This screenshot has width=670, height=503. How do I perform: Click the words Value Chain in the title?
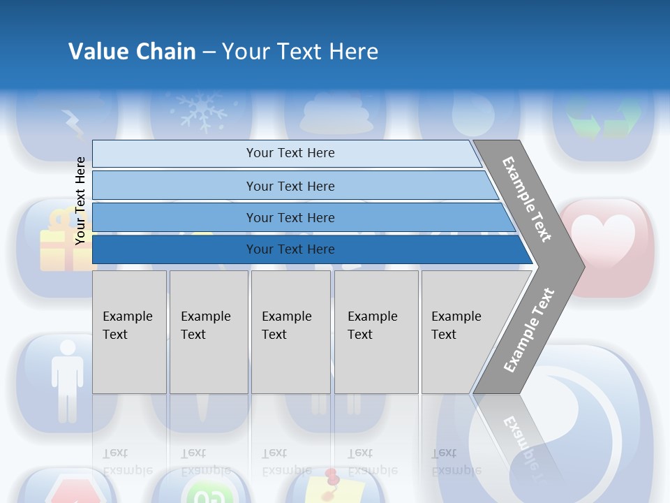tap(132, 52)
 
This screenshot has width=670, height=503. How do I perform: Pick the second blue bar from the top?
tap(290, 186)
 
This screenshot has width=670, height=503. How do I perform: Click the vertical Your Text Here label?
tap(80, 201)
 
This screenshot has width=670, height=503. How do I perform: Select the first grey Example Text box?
tap(129, 332)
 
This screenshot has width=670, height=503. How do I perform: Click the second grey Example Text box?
tap(209, 332)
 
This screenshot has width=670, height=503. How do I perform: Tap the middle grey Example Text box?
tap(290, 332)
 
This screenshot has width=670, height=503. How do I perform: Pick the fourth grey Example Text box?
tap(376, 332)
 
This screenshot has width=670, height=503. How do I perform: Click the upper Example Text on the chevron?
tap(527, 199)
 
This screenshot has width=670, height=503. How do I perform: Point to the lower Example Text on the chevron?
tap(528, 330)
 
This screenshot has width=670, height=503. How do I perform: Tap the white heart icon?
tap(606, 238)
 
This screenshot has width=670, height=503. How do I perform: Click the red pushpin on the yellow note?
tap(331, 476)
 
